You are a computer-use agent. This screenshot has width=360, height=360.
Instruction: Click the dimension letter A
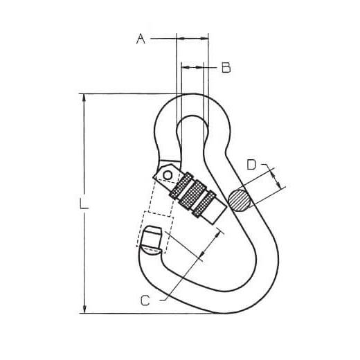[x=141, y=39]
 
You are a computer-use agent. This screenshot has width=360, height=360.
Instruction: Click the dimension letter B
[x=226, y=68]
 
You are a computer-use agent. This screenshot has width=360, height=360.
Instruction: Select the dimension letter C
[x=145, y=300]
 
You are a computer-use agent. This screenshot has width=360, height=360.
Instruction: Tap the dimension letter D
[x=251, y=165]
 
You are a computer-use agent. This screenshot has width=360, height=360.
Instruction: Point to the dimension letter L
[x=84, y=204]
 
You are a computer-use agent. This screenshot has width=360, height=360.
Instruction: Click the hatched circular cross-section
[x=240, y=200]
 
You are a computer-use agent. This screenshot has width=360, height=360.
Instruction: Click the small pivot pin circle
[x=168, y=175]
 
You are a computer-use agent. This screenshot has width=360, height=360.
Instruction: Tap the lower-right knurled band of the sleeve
[x=204, y=204]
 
